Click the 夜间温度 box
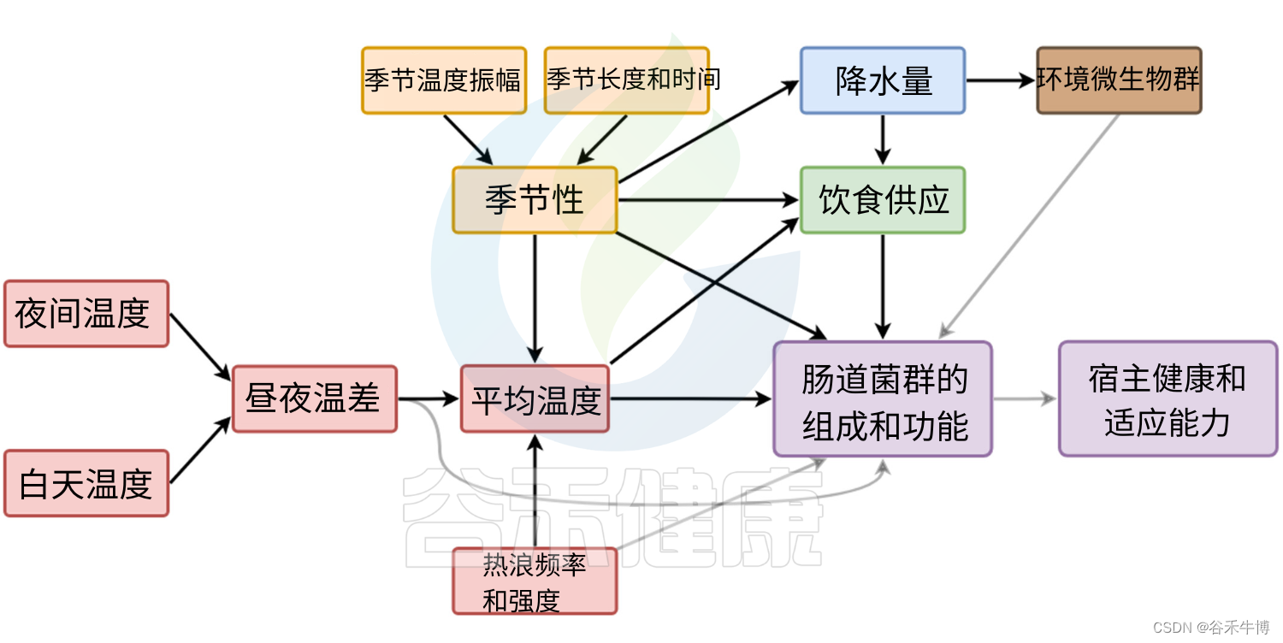click(x=86, y=314)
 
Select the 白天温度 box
click(x=86, y=483)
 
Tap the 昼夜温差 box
click(x=315, y=399)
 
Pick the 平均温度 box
click(x=535, y=399)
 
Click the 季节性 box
click(x=535, y=201)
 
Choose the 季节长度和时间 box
click(x=627, y=80)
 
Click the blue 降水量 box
click(x=883, y=80)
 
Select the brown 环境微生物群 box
click(x=1120, y=80)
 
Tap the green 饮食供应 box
click(x=883, y=201)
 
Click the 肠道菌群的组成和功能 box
click(x=883, y=399)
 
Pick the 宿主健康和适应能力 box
click(x=1168, y=399)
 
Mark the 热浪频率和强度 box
click(x=535, y=581)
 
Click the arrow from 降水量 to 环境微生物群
click(x=1001, y=80)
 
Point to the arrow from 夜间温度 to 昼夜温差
click(x=201, y=346)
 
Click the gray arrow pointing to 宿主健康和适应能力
click(x=1025, y=399)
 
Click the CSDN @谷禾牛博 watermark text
click(x=1211, y=628)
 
